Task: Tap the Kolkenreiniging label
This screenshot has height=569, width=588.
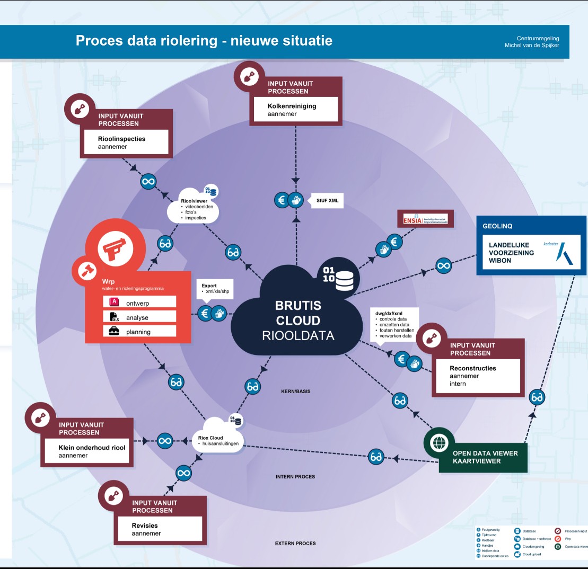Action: (x=292, y=106)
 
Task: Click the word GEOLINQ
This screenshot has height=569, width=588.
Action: (x=497, y=226)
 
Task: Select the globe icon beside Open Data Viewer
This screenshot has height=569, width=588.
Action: (x=440, y=443)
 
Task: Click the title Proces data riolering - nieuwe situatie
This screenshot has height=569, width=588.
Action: (x=204, y=40)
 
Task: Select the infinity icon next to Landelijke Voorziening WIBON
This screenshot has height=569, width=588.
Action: (x=444, y=265)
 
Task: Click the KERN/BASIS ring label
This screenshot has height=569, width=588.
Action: (x=295, y=392)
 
